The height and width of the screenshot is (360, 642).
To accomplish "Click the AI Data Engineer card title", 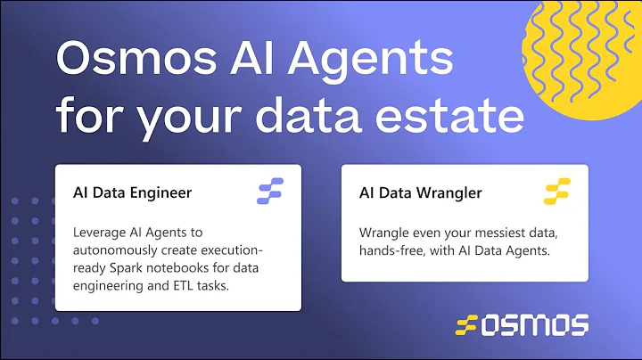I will point(133,192).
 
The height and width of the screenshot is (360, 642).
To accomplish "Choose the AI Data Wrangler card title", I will point(420,192).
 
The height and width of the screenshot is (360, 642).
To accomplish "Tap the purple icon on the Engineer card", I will point(270,192).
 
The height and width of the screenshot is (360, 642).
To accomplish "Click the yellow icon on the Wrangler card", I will point(556,192).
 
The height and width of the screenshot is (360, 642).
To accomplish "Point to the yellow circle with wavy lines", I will point(588,53).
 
